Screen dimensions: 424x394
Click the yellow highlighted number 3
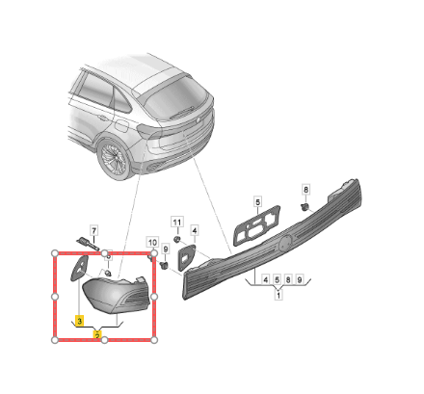click(x=79, y=321)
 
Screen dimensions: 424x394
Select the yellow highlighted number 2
click(x=97, y=335)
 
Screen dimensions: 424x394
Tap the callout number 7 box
click(x=93, y=230)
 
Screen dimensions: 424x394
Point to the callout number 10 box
click(x=152, y=243)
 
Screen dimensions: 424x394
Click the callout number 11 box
click(x=177, y=222)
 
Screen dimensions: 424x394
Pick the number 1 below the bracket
click(x=278, y=295)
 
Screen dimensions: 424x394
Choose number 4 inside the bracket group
click(x=265, y=279)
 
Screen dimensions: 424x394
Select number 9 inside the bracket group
click(x=299, y=279)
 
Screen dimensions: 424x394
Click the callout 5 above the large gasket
click(x=257, y=202)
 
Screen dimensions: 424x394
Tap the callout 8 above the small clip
click(x=305, y=190)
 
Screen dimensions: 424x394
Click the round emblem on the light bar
click(x=284, y=244)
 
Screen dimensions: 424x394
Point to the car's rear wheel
click(x=115, y=158)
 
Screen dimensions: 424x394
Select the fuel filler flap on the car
click(x=120, y=125)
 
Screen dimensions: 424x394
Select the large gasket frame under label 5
click(x=256, y=225)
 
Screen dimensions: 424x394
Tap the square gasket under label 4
click(x=187, y=257)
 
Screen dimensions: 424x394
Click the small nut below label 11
click(x=176, y=239)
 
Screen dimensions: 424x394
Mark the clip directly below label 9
click(x=165, y=265)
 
